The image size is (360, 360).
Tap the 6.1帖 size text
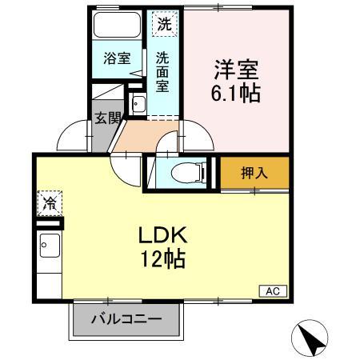click(x=235, y=93)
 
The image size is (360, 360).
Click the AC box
click(x=271, y=291)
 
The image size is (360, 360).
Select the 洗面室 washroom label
click(x=162, y=70)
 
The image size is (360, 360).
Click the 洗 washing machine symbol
click(x=163, y=25)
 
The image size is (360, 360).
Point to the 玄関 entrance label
click(x=107, y=118)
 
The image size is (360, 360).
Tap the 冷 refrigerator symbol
click(x=47, y=203)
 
